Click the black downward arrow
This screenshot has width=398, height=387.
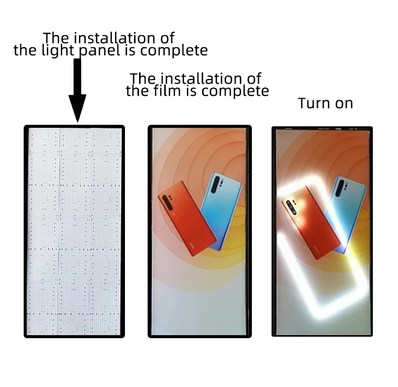point(77,88)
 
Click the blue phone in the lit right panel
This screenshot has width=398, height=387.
point(348,211)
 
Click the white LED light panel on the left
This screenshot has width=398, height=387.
point(74,231)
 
